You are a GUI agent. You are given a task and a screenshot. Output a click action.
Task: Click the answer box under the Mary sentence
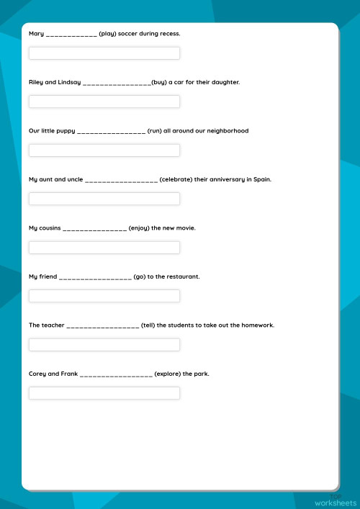(x=104, y=53)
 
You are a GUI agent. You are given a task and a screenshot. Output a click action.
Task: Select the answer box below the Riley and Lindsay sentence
(x=104, y=102)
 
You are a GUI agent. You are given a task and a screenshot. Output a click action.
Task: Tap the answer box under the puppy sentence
(x=104, y=150)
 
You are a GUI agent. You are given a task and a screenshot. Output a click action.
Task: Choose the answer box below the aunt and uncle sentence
(x=104, y=199)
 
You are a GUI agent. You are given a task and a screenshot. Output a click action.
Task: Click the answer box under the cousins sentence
(x=104, y=248)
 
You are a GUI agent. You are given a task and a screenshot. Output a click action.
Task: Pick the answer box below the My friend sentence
(x=104, y=296)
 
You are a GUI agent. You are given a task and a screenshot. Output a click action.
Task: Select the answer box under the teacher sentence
(x=104, y=345)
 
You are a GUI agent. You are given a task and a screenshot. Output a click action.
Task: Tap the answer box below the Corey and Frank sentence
(x=104, y=393)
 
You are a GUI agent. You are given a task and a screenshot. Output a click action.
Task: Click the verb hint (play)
(x=108, y=34)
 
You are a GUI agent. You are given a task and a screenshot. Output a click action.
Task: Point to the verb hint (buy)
(x=159, y=83)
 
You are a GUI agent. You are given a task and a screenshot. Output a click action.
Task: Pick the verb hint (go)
(x=140, y=276)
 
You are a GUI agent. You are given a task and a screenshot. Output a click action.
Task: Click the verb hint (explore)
(x=168, y=374)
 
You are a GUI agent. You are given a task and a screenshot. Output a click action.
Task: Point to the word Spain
(x=263, y=179)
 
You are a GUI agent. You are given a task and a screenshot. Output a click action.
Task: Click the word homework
(x=258, y=325)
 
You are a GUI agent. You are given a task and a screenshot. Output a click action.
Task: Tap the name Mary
(x=36, y=34)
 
